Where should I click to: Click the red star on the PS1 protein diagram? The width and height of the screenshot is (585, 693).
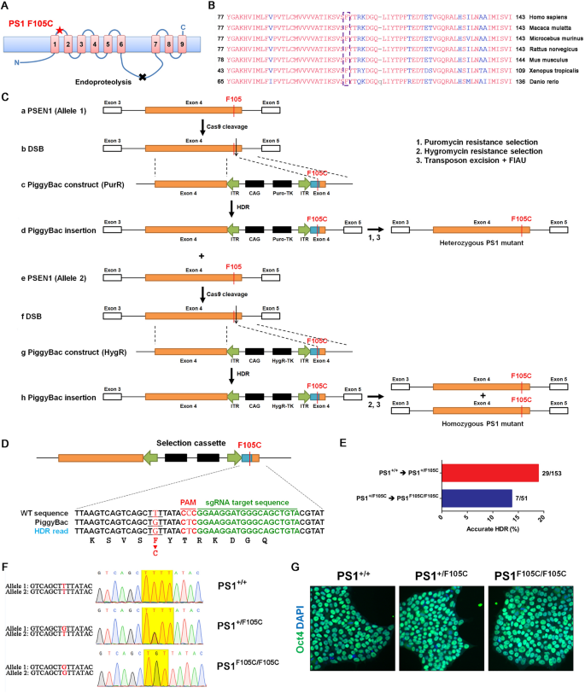(59, 29)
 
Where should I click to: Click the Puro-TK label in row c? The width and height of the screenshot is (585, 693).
(282, 193)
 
